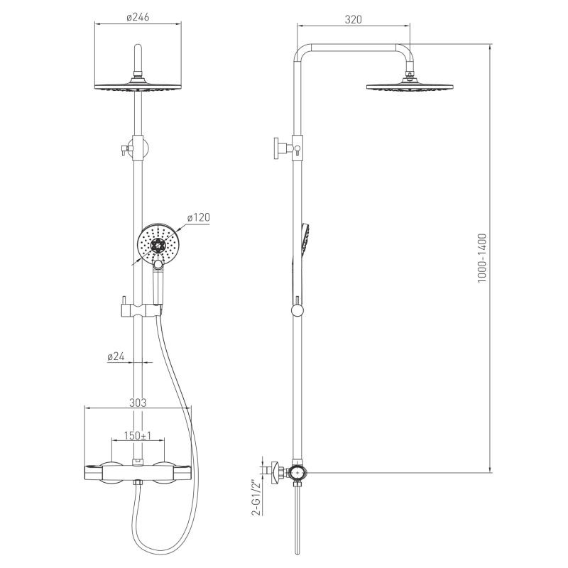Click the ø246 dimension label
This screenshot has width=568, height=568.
138,17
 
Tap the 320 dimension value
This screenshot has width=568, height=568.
353,19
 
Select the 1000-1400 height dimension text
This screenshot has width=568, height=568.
482,258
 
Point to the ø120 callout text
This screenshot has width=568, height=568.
199,217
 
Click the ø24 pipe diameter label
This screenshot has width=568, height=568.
116,356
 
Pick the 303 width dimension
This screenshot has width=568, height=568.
138,403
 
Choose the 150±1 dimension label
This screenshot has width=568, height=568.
138,435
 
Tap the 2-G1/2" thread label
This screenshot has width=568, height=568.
256,498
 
